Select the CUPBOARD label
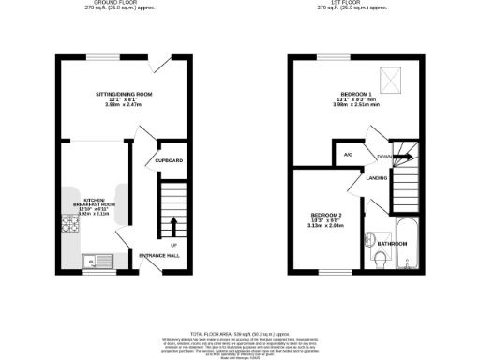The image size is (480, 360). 169,160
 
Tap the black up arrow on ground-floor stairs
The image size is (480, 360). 173,224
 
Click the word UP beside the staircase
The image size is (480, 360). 173,246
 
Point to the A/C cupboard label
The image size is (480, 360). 347,154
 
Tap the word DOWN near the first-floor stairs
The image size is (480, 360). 384,157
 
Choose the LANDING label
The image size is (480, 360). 377,177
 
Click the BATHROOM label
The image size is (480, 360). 392,244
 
